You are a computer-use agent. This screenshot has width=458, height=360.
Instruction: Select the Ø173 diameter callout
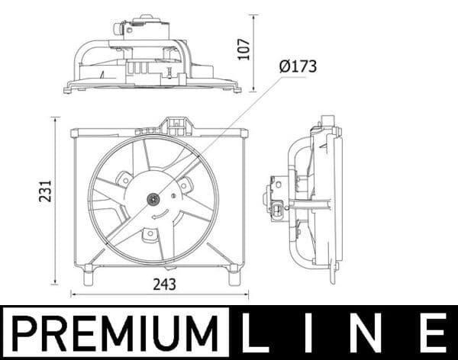pyautogui.click(x=298, y=67)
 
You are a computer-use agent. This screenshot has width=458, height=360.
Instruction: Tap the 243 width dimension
pyautogui.click(x=164, y=284)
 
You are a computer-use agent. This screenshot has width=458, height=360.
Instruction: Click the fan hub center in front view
pyautogui.click(x=153, y=200)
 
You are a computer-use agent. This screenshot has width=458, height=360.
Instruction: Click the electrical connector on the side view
pyautogui.click(x=276, y=207)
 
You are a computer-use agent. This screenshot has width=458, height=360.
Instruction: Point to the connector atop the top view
pyautogui.click(x=120, y=28)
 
